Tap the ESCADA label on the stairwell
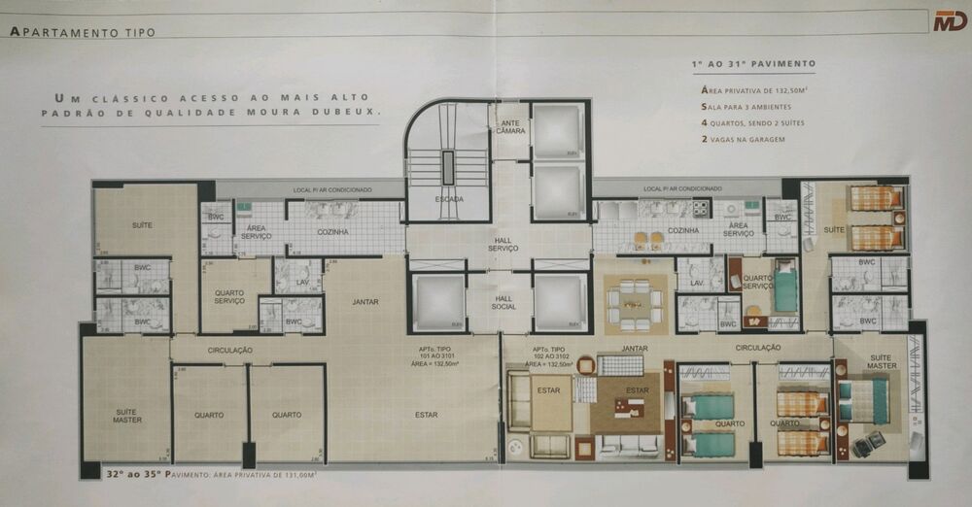(x=449, y=199)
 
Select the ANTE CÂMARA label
(x=510, y=126)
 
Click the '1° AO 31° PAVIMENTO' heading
(x=753, y=64)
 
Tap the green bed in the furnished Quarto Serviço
(x=784, y=289)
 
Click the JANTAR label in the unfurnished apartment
(x=365, y=302)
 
